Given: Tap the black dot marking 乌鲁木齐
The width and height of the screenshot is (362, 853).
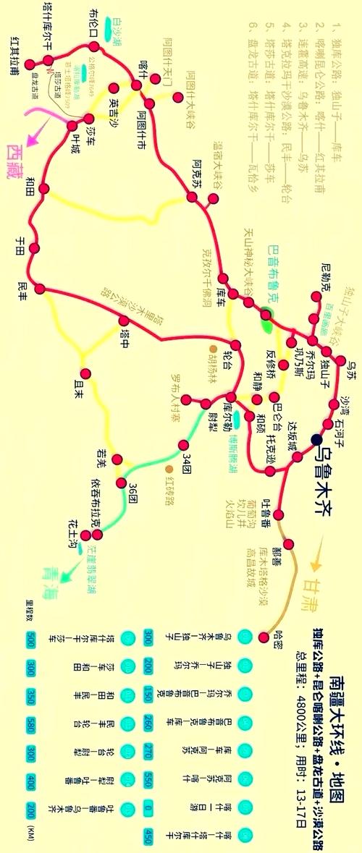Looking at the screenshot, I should point(316,439).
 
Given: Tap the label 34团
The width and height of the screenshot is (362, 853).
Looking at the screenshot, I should point(187,460).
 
